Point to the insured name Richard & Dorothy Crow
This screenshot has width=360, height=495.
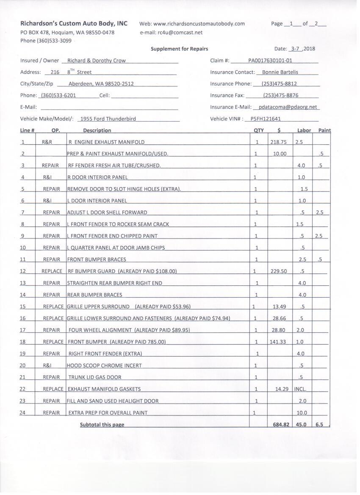[x=96, y=61]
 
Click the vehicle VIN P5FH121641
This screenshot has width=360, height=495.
[x=266, y=119]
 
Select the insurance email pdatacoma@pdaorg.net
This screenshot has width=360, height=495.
[x=288, y=107]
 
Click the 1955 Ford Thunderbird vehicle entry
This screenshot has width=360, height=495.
[x=108, y=119]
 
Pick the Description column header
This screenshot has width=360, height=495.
[x=97, y=130]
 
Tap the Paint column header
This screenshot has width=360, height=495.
[x=324, y=130]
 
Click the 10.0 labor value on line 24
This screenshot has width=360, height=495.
[x=302, y=412]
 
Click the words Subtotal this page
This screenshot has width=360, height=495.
[x=102, y=424]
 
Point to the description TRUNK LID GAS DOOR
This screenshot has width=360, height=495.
[x=95, y=377]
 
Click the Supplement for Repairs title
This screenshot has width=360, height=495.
[x=179, y=49]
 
